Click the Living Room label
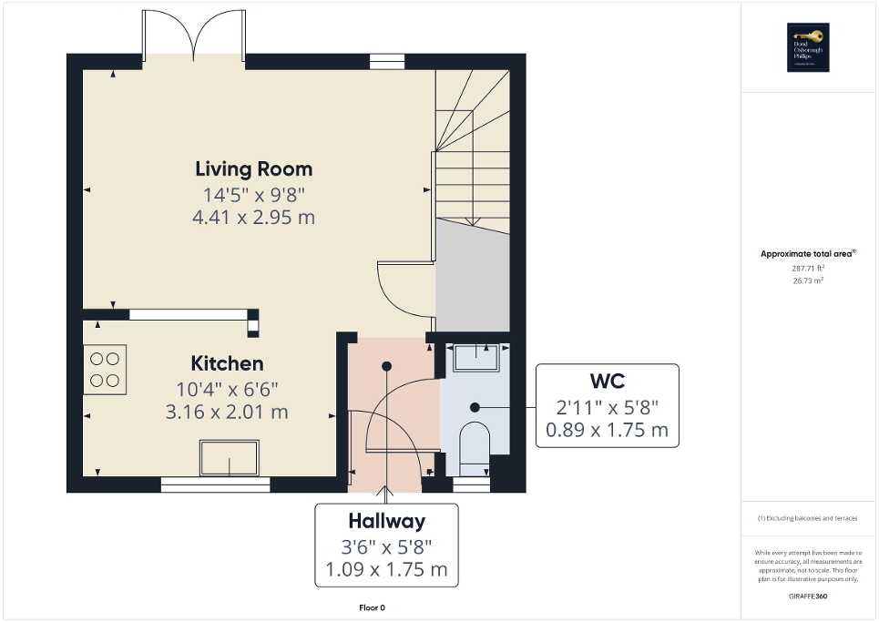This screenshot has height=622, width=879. point(253,168)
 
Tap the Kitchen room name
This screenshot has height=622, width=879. point(227,364)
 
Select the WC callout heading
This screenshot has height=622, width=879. point(606,379)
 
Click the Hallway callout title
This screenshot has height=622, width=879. point(386,522)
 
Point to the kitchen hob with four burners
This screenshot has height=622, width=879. point(105,369)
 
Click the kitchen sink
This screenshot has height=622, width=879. point(229,457)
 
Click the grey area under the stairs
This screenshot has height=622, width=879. point(472,278)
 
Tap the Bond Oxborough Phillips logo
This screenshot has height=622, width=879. point(805,47)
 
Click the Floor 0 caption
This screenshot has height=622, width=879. point(373,607)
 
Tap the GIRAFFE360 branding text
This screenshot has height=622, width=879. point(807,595)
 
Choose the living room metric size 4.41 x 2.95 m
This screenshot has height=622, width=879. point(253,217)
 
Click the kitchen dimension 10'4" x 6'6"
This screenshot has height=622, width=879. point(227,389)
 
